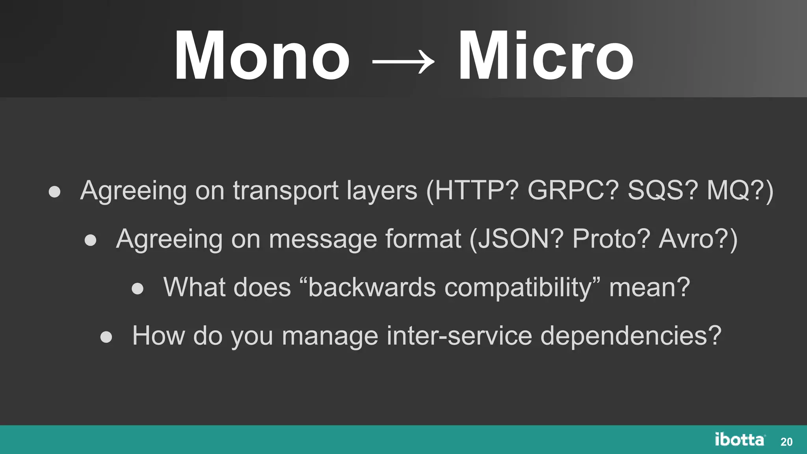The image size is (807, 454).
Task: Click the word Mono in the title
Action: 262,56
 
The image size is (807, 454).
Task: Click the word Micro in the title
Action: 545,56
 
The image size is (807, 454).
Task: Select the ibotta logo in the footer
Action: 740,440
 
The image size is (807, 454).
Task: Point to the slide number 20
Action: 787,442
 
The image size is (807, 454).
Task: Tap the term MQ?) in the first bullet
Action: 740,191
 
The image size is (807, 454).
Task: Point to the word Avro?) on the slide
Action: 698,239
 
